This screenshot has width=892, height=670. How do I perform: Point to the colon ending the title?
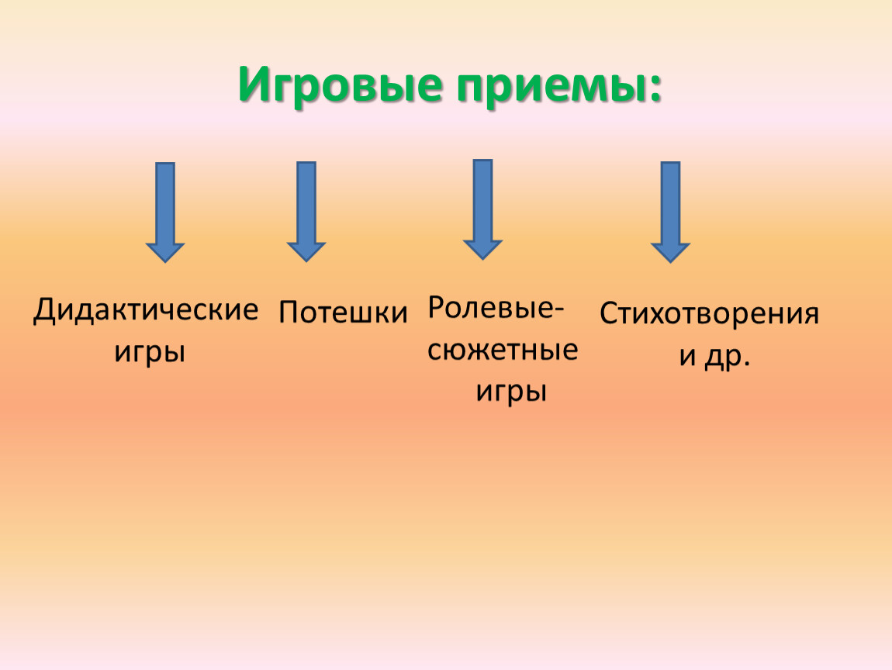pos(654,88)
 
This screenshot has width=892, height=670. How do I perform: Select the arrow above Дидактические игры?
pos(165,212)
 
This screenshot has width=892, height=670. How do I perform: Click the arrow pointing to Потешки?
pos(306,212)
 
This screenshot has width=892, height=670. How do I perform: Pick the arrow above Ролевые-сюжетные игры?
pos(482,209)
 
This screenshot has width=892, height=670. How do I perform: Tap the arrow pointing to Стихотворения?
pos(670,212)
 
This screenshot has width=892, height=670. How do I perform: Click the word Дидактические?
pos(146,310)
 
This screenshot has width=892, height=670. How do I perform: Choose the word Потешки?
pos(343,313)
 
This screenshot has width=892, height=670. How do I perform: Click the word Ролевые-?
pos(496,309)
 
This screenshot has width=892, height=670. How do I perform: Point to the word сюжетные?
pos(503,351)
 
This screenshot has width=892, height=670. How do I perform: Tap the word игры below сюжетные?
pos(511,392)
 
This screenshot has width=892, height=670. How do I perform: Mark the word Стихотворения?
pos(709,314)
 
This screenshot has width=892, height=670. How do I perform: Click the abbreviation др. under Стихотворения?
pos(728,357)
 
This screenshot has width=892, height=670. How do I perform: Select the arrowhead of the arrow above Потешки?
pos(306,251)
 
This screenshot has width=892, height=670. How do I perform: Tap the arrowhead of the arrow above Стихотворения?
pos(670,253)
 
